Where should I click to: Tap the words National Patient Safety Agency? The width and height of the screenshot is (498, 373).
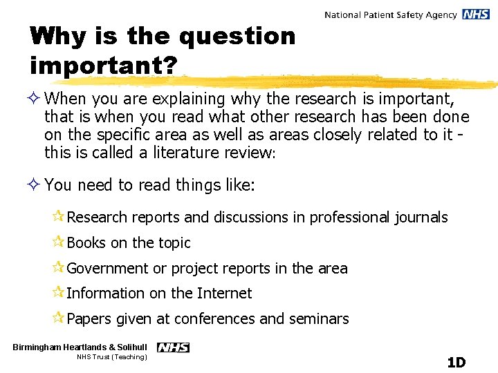(390, 15)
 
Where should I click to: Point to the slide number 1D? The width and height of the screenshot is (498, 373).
(456, 363)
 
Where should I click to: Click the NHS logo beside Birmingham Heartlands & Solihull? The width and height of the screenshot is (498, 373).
(173, 347)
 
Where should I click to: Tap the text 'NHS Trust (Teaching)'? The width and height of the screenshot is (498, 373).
(112, 357)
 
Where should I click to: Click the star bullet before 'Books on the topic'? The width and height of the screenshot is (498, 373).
(58, 242)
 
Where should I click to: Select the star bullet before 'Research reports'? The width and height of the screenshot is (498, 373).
(58, 217)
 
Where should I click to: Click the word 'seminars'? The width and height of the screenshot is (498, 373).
(319, 319)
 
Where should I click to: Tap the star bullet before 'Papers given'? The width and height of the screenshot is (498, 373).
(58, 318)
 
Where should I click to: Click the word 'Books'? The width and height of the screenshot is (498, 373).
(86, 242)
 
